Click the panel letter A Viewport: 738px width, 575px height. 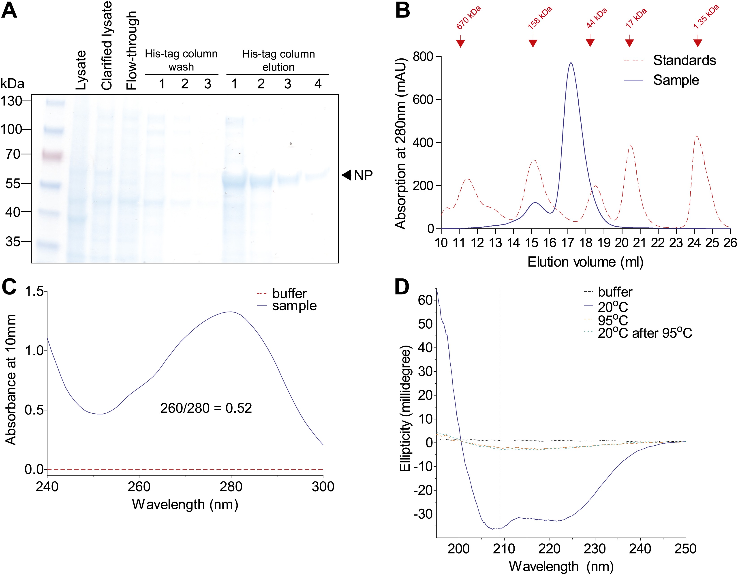coord(9,11)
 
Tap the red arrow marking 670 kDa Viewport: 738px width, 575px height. coord(460,43)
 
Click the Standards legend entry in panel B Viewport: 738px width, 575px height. coord(684,60)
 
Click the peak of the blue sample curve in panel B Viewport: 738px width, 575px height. coord(571,63)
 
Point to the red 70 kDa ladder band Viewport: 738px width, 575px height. coord(52,155)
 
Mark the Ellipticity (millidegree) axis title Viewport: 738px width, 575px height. coord(405,408)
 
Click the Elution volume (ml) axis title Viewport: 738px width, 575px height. coord(585,262)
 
